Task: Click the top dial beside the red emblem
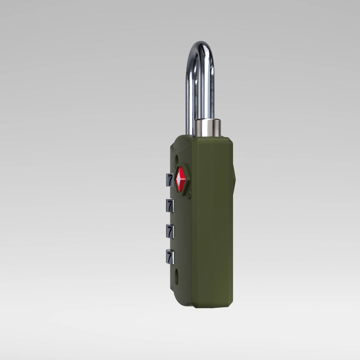coord(170,180)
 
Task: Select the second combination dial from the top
coord(170,206)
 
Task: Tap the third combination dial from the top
coord(170,232)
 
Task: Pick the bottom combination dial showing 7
coord(170,257)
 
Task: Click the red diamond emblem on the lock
coord(181,179)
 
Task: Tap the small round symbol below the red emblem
coord(188,195)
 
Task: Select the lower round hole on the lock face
coord(177,274)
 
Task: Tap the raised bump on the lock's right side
coord(234,176)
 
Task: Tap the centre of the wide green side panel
coord(212,224)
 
